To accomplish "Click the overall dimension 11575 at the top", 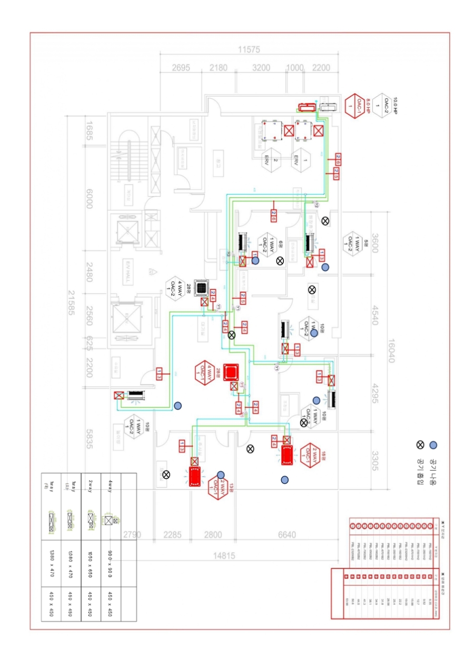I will tap(249, 50).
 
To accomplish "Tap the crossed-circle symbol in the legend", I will tap(420, 445).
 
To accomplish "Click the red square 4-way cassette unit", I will tap(230, 372).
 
